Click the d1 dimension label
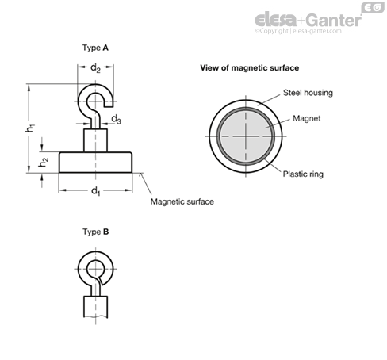96,191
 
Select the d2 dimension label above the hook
95,68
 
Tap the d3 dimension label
116,119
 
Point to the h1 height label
31,128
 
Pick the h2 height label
44,162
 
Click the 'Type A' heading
95,48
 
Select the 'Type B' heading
96,232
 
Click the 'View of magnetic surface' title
250,68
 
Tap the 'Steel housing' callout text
308,93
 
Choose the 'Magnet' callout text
307,118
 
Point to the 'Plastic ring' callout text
303,174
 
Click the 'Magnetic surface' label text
182,201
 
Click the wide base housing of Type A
95,163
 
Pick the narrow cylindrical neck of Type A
95,140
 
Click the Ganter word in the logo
335,20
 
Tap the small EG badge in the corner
373,7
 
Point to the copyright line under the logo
298,31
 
